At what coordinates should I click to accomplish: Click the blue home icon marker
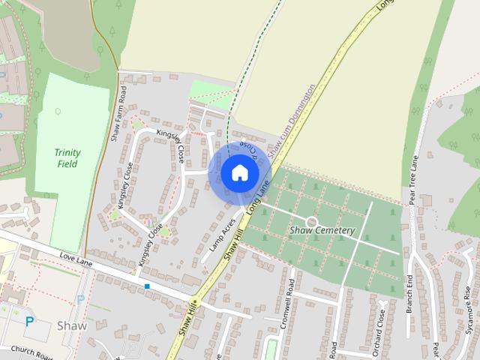click(240, 173)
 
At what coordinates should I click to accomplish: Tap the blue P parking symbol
click(30, 321)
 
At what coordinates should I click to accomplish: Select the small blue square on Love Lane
click(147, 286)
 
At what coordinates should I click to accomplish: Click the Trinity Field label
click(67, 157)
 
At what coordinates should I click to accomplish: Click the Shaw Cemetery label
click(322, 230)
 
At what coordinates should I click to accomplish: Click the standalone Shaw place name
click(72, 326)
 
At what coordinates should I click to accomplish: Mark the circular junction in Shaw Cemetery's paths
click(310, 221)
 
